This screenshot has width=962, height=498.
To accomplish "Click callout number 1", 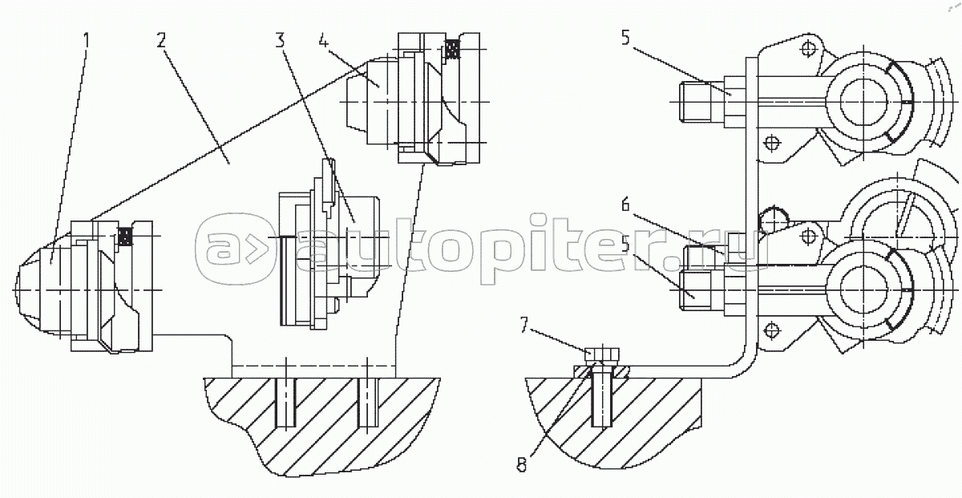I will coord(86,38).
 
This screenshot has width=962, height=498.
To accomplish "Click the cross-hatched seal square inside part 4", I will coord(453,50).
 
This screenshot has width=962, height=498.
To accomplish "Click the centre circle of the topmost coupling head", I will coord(861,103).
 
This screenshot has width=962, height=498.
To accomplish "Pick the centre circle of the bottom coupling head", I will coord(861,289).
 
